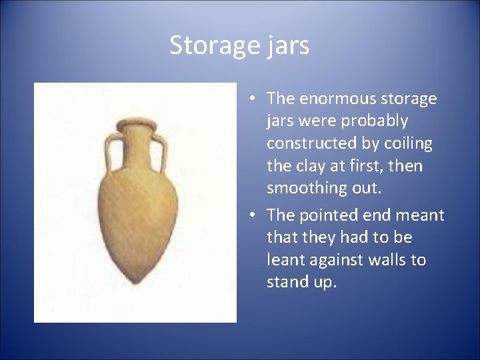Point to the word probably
pyautogui.click(x=375, y=121)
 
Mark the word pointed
pyautogui.click(x=327, y=215)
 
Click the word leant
pyautogui.click(x=285, y=259)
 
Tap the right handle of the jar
pyautogui.click(x=160, y=151)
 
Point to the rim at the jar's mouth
pyautogui.click(x=135, y=125)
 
